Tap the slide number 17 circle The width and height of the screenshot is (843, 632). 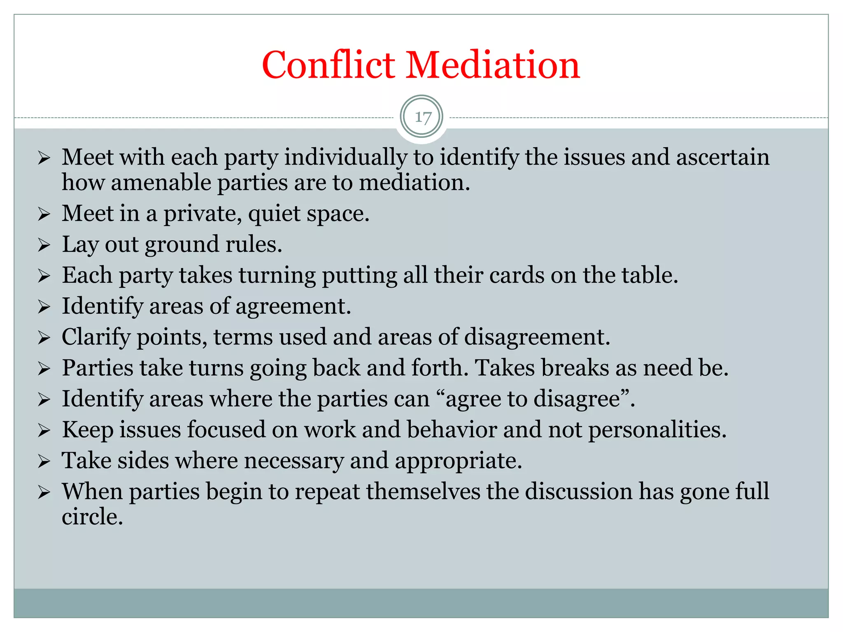421,117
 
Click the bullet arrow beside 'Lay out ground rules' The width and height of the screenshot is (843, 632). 44,245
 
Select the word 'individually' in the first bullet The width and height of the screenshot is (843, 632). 345,158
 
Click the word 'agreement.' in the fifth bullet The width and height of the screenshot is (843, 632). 293,307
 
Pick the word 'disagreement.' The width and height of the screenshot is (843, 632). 537,337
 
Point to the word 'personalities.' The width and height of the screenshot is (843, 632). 657,430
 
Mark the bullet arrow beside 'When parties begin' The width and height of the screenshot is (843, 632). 44,492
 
